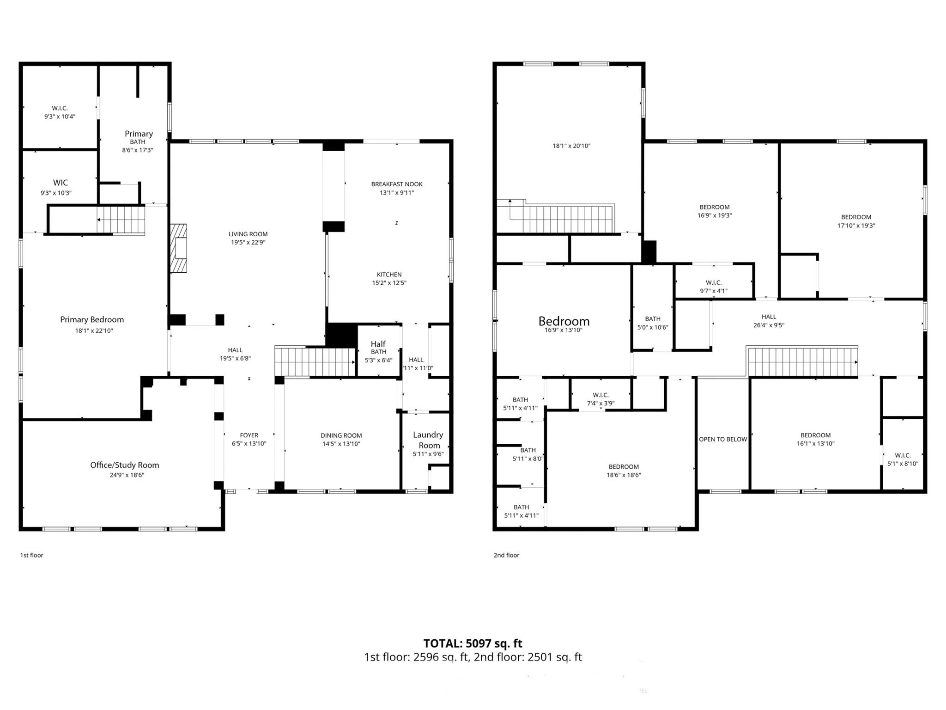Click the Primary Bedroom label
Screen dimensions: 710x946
(x=92, y=319)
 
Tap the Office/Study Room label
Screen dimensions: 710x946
(x=124, y=465)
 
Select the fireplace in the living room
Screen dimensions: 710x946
(x=179, y=248)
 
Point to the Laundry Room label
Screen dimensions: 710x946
(x=428, y=440)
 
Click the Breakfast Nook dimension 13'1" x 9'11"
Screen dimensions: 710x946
(x=397, y=193)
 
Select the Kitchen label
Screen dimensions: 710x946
(x=389, y=275)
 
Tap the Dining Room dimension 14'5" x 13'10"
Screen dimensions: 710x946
(x=341, y=444)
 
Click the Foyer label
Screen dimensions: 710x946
(x=249, y=435)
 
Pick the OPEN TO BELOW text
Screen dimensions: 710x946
(x=723, y=439)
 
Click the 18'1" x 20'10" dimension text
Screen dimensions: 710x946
(x=571, y=146)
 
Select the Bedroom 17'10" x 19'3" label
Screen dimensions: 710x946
(x=856, y=217)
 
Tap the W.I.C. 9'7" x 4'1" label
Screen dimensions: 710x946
(x=714, y=282)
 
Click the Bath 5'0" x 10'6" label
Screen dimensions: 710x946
(x=653, y=319)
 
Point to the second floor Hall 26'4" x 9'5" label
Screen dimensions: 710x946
(x=769, y=317)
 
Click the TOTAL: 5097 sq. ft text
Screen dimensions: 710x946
(x=473, y=643)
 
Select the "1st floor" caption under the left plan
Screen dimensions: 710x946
(x=31, y=555)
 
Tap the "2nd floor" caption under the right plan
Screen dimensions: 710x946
(x=506, y=555)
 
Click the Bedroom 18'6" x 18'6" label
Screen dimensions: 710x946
(x=624, y=467)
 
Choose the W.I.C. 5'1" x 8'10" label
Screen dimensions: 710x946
(x=903, y=455)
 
